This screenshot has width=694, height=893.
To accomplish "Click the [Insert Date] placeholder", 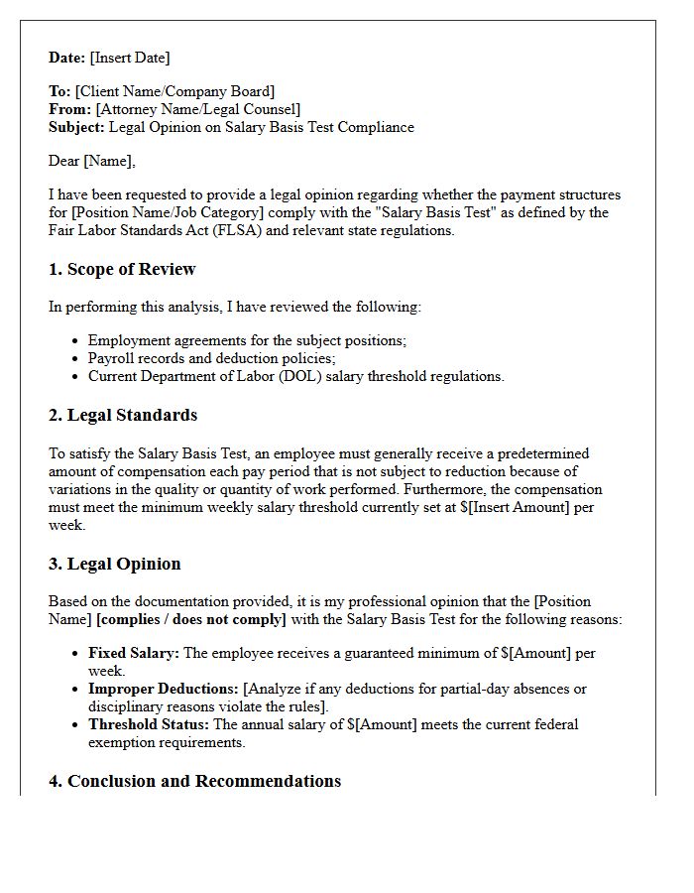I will click(x=130, y=58).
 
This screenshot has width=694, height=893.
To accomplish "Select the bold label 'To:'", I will click(x=59, y=92).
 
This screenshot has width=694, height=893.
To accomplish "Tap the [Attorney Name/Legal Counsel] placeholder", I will click(x=198, y=110).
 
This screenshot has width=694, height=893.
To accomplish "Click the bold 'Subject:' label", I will click(x=76, y=128).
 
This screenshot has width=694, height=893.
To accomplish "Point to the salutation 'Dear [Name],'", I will click(x=92, y=161).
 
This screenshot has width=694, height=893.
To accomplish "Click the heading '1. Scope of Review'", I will click(x=122, y=269).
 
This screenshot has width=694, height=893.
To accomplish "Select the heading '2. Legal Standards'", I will click(x=123, y=415).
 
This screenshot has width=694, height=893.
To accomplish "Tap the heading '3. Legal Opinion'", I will click(x=115, y=564).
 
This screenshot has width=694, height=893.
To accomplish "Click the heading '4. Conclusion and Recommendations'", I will click(x=194, y=781).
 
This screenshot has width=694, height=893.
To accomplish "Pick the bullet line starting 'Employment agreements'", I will click(x=247, y=340).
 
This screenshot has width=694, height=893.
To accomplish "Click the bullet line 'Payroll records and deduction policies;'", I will click(x=212, y=358).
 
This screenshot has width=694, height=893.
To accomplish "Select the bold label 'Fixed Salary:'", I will click(x=134, y=654).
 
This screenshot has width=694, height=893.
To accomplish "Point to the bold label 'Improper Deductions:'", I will click(x=164, y=689).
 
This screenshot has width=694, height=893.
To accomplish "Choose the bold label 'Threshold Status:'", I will click(x=149, y=724).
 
